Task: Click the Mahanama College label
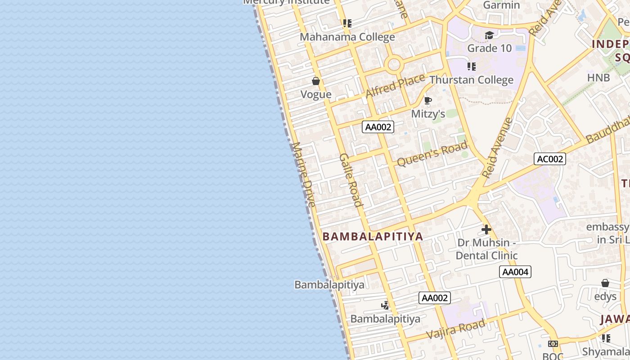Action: click(347, 37)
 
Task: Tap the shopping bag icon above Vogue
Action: click(316, 81)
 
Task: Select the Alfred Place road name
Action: click(395, 85)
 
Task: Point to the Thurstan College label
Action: click(471, 80)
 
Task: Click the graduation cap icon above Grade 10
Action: click(489, 35)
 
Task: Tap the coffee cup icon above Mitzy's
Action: click(428, 100)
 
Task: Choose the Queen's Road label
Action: click(432, 154)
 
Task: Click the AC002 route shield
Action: click(549, 159)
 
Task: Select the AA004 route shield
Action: click(515, 272)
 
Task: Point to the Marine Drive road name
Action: click(304, 175)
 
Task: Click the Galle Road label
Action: click(351, 180)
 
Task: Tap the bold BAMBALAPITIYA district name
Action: click(373, 237)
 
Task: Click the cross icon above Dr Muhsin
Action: click(486, 229)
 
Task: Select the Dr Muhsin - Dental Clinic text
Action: click(486, 249)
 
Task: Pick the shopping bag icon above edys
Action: click(605, 283)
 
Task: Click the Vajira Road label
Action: click(456, 329)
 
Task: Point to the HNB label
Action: click(598, 77)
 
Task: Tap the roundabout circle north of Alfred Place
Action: click(394, 64)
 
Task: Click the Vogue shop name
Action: click(316, 94)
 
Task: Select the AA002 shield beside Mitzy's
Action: click(378, 127)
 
